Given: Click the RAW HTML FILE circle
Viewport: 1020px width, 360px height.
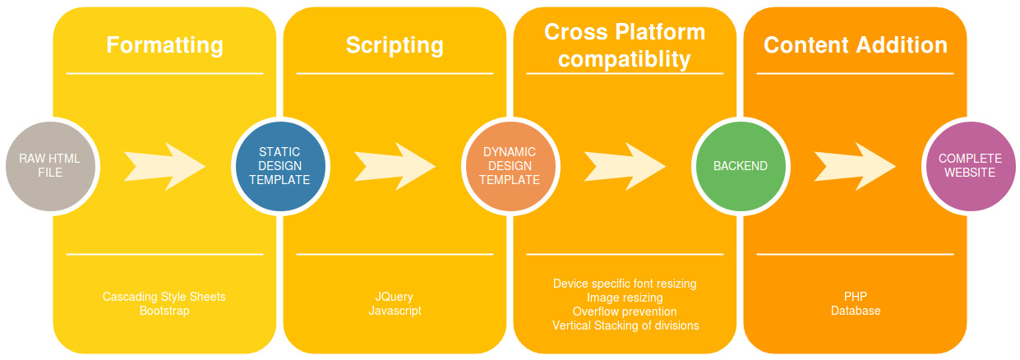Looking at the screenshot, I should pyautogui.click(x=50, y=166).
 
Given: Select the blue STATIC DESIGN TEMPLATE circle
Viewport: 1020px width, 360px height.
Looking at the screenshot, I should pyautogui.click(x=279, y=166).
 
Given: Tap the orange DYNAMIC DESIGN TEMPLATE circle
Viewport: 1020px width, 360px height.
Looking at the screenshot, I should pyautogui.click(x=510, y=166).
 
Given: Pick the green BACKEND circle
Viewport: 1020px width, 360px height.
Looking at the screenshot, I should pyautogui.click(x=740, y=166).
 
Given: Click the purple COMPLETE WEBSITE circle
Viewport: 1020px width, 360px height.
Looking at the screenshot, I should pyautogui.click(x=970, y=166).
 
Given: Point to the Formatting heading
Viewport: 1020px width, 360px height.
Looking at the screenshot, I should pyautogui.click(x=164, y=45).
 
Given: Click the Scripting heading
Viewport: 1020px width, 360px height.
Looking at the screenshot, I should pyautogui.click(x=395, y=45).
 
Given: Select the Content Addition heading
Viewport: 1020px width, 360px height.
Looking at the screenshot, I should pyautogui.click(x=855, y=45).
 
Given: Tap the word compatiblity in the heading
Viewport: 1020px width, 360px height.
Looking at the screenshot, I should pyautogui.click(x=625, y=59).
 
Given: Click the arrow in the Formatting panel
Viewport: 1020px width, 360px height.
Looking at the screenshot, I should pyautogui.click(x=164, y=166).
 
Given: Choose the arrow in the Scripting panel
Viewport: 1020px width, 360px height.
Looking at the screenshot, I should pyautogui.click(x=395, y=166).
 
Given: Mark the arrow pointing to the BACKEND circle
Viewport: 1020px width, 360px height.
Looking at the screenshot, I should pyautogui.click(x=625, y=166).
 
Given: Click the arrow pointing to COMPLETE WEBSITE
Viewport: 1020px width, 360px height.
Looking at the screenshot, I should pyautogui.click(x=855, y=166).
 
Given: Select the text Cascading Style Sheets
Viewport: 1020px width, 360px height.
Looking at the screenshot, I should pyautogui.click(x=164, y=297).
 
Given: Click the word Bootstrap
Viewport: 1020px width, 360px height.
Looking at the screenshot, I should pyautogui.click(x=164, y=311).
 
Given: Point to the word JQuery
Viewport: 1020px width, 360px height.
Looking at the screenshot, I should pyautogui.click(x=395, y=297).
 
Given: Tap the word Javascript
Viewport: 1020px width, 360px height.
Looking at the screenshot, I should pyautogui.click(x=395, y=311).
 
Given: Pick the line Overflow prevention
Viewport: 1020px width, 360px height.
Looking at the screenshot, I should pyautogui.click(x=625, y=312).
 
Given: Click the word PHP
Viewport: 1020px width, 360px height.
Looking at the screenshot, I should pyautogui.click(x=855, y=297).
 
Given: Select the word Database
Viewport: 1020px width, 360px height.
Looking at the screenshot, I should pyautogui.click(x=855, y=311).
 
